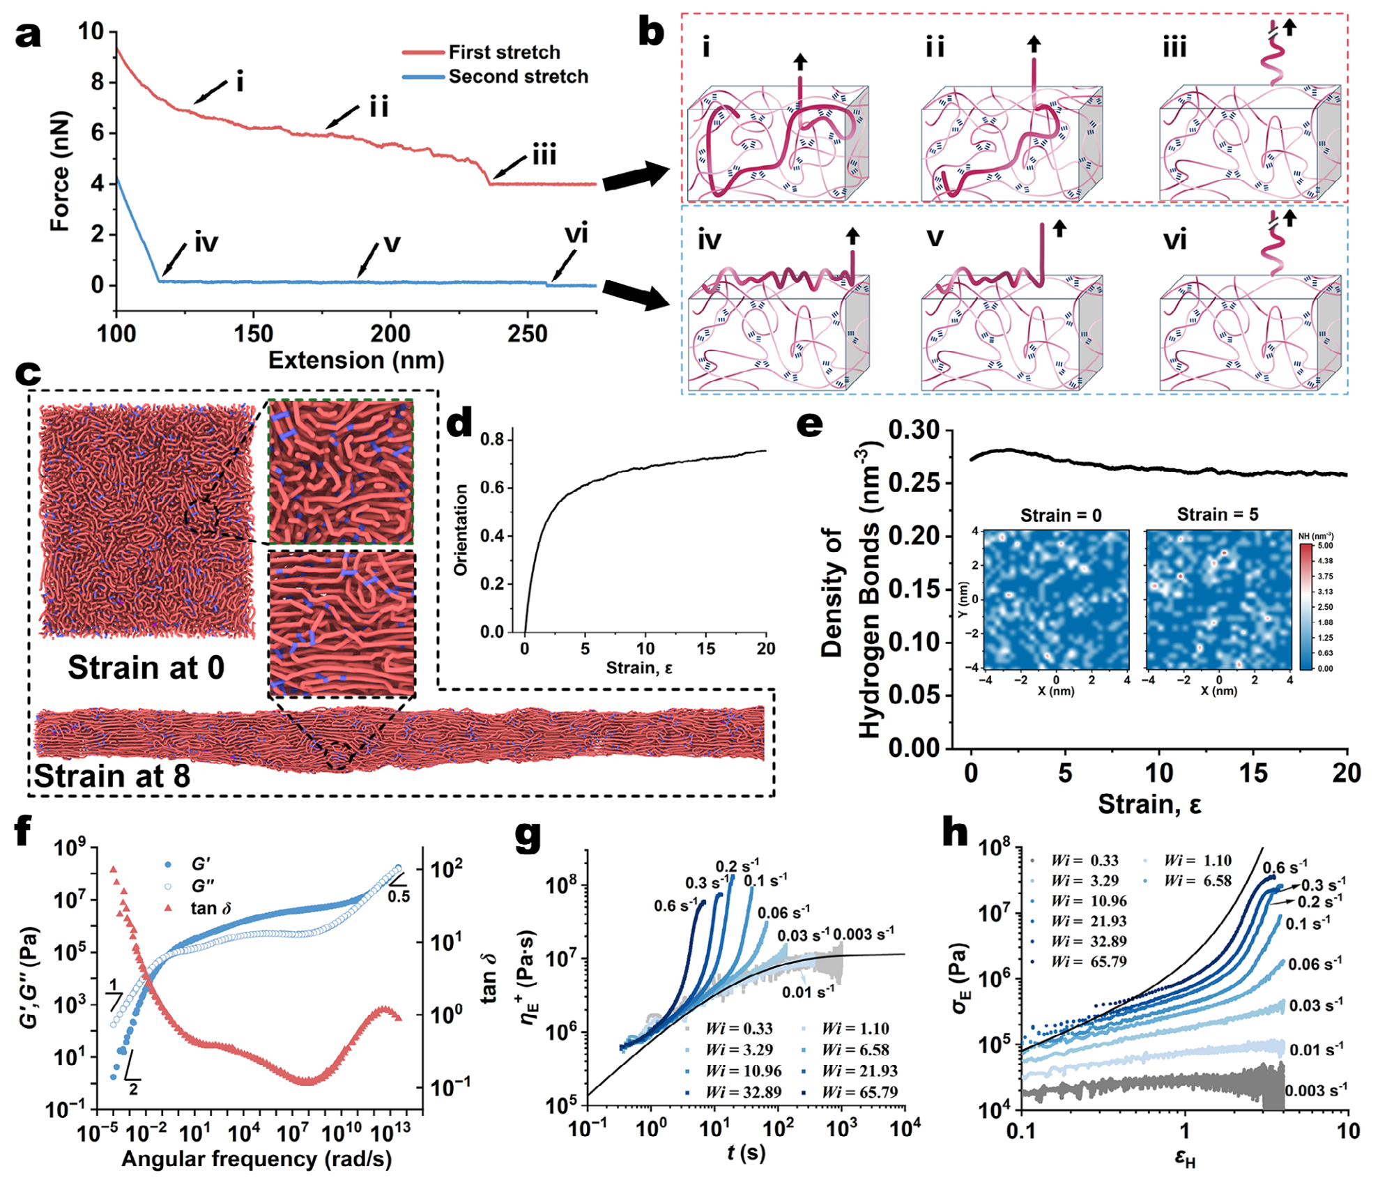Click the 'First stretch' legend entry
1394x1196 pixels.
[x=482, y=52]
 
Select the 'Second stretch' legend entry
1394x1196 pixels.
[x=496, y=77]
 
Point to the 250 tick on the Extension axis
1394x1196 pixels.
[x=528, y=334]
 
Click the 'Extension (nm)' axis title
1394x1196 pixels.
[x=356, y=360]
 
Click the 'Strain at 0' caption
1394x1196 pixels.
[x=146, y=668]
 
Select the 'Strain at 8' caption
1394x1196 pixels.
[x=112, y=776]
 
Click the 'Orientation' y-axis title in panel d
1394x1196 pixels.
[x=461, y=530]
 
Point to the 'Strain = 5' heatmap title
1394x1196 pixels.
[x=1218, y=514]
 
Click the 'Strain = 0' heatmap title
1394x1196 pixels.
[x=1061, y=516]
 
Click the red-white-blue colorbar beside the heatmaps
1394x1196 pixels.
[x=1306, y=607]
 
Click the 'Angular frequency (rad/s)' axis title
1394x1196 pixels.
[x=256, y=1159]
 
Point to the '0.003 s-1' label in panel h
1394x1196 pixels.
[x=1316, y=1090]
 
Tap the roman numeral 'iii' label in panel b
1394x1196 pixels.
[x=1174, y=47]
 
